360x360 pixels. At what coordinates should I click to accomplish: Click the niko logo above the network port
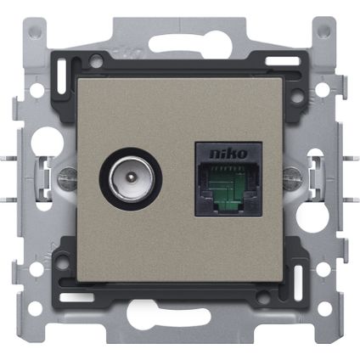[228, 154]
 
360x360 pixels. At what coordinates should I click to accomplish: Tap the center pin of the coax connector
[131, 177]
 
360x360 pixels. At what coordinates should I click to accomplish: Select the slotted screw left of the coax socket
[67, 179]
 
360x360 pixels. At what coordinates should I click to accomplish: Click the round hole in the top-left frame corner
[37, 28]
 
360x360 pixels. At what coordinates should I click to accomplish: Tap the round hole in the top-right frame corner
[324, 29]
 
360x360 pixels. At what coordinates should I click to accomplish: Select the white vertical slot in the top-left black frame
[61, 76]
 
